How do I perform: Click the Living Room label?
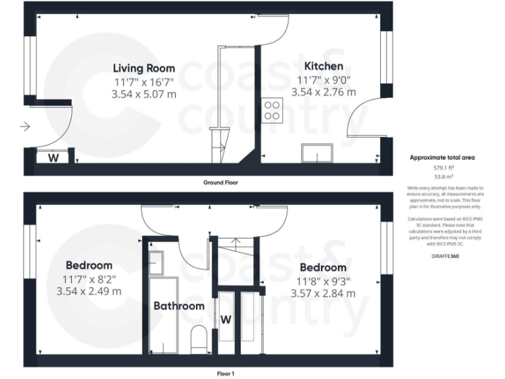[144, 68]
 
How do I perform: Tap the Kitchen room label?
[323, 66]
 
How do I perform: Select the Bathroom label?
[179, 306]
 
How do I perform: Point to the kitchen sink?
[317, 153]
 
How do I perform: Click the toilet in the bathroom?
[199, 340]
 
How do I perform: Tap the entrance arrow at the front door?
[26, 126]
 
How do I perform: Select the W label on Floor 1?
[226, 320]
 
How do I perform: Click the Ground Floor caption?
[221, 182]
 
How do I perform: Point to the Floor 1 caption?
[226, 373]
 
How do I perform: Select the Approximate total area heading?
[443, 158]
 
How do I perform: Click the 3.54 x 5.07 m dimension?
[144, 94]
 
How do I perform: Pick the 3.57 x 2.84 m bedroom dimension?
[323, 293]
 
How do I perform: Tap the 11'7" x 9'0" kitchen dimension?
[323, 80]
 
